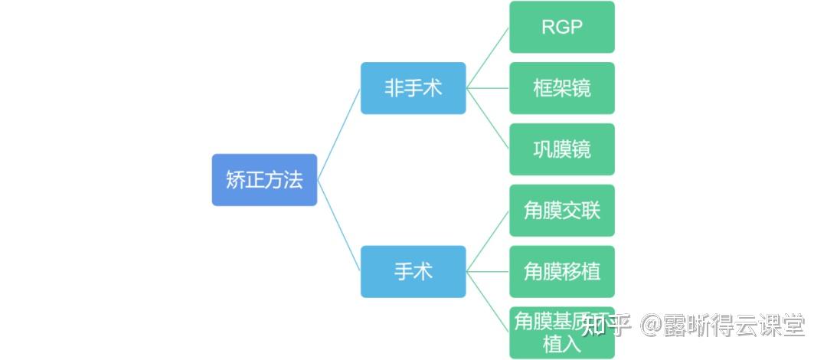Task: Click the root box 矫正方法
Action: click(264, 180)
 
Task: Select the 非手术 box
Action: click(413, 88)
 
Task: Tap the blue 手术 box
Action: click(413, 272)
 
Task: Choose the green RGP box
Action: click(562, 27)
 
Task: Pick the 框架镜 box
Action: click(562, 88)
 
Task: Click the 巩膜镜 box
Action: click(562, 149)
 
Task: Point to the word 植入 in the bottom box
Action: click(561, 343)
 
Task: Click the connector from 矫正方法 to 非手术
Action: click(338, 134)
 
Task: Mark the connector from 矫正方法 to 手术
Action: click(338, 226)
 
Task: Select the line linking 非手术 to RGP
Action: click(488, 57)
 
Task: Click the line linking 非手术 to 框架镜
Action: click(488, 88)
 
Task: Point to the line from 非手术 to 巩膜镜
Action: click(488, 119)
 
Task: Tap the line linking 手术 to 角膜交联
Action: click(488, 241)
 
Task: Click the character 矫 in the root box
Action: click(235, 180)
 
